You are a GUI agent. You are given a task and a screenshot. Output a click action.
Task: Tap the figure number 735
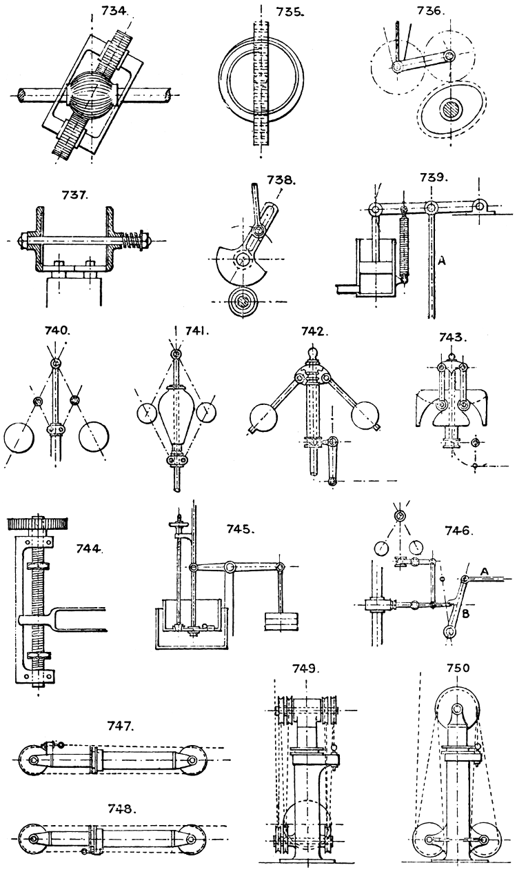263,11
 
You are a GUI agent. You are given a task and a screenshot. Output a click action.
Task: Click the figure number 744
90,550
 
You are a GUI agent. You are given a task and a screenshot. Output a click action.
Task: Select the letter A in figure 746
484,571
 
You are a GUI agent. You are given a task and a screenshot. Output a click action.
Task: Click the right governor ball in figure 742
365,418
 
